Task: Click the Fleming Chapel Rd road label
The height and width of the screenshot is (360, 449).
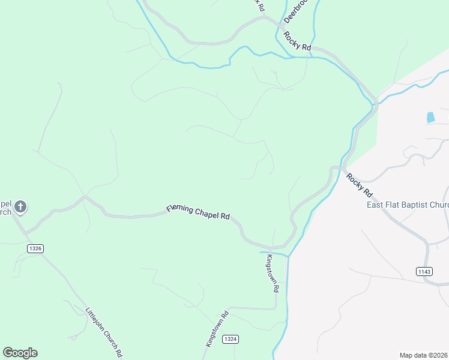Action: [199, 212]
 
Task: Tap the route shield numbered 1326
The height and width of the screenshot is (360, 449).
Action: [35, 248]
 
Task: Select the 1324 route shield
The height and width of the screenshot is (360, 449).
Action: [231, 339]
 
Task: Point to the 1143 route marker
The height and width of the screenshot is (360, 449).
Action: [424, 272]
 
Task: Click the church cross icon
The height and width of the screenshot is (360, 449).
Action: [20, 208]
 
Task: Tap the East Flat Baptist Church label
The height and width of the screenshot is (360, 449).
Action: [408, 205]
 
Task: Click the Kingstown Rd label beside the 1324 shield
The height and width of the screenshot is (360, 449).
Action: [217, 329]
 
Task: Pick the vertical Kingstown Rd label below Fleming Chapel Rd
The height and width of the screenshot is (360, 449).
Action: [273, 273]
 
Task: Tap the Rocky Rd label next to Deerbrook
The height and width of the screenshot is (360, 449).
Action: [298, 41]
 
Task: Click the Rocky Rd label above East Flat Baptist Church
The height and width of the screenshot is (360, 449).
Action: [359, 185]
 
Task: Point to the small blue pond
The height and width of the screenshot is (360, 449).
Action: [430, 118]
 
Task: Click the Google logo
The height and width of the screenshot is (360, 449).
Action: [20, 353]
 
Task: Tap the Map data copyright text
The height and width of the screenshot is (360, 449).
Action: [424, 355]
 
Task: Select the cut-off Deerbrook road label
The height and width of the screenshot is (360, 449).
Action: [294, 11]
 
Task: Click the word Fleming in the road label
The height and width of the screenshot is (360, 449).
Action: [179, 208]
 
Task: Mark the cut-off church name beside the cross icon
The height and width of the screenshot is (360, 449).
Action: [5, 207]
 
